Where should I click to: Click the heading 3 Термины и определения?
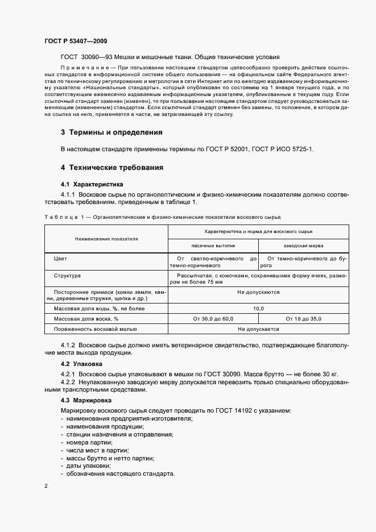coord(111,132)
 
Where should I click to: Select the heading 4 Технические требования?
coord(112,168)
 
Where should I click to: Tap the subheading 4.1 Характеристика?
coord(92,185)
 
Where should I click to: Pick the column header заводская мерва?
coord(304,246)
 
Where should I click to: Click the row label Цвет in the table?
coord(60,259)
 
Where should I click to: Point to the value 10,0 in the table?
coord(258,308)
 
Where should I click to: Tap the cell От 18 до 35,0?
coord(304,319)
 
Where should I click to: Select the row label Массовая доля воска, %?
coord(86,319)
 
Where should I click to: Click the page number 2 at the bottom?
coord(46,487)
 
